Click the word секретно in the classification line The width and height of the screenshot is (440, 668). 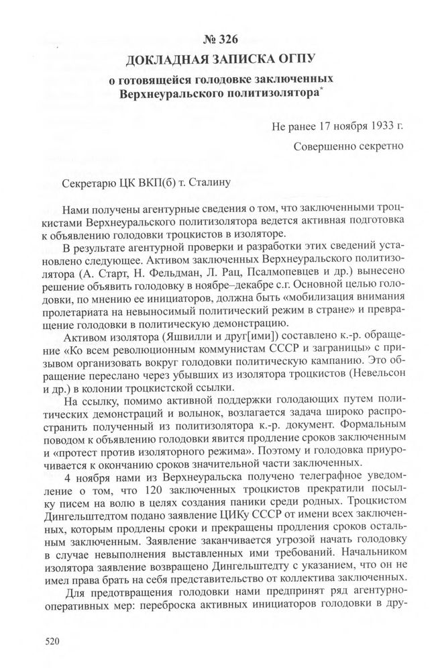[x=377, y=145]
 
